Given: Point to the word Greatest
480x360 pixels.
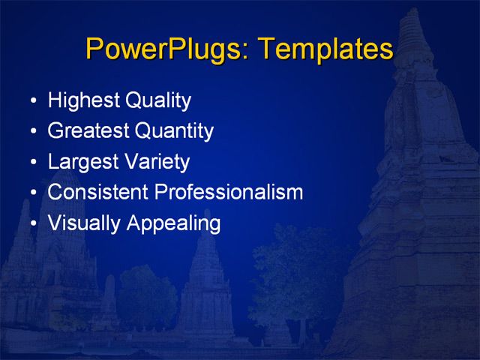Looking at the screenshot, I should (x=88, y=131).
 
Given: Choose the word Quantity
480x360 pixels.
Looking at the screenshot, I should (x=174, y=131).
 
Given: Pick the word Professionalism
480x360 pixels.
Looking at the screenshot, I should (x=228, y=192).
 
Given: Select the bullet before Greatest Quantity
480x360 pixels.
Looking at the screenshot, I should (x=31, y=132).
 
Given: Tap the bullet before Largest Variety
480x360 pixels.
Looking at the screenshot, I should (x=31, y=163).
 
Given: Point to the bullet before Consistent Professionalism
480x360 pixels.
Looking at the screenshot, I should (x=31, y=193).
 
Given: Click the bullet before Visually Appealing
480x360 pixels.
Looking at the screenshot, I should (x=31, y=224).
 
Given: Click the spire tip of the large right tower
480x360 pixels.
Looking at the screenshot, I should (x=412, y=10).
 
